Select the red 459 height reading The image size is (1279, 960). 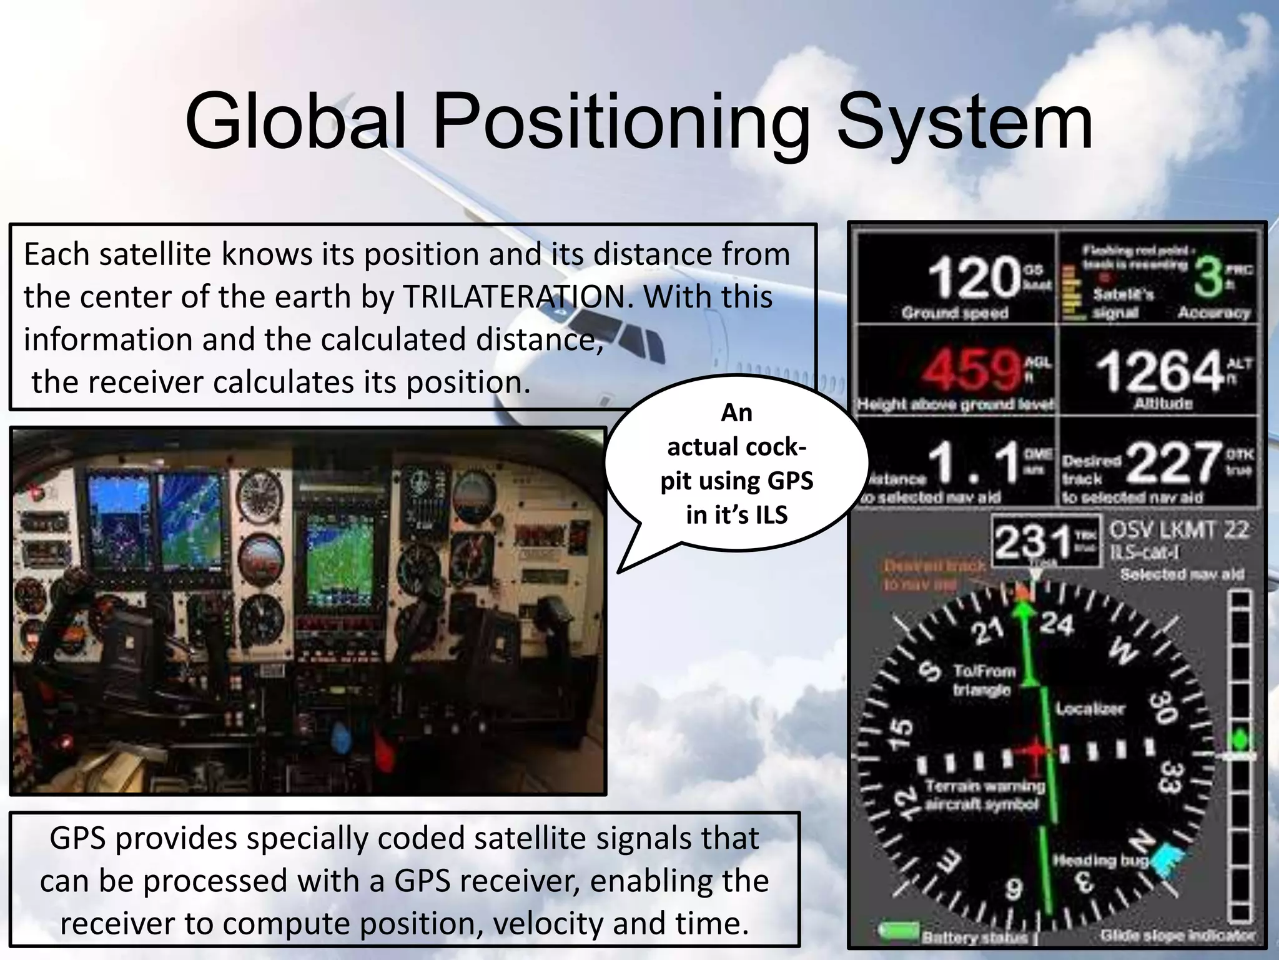971,369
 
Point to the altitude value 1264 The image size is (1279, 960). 1158,371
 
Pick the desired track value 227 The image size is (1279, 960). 1173,462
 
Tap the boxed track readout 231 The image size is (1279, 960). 1032,541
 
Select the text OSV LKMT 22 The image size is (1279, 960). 1178,530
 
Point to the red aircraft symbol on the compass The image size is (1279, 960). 1034,750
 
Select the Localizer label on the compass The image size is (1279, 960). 1090,709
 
